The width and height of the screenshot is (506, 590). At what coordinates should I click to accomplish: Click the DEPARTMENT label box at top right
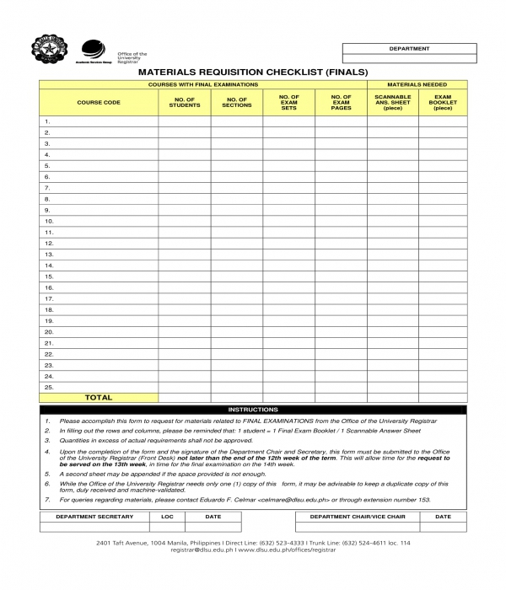click(408, 49)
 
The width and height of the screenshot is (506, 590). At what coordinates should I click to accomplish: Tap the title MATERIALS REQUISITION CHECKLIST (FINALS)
click(253, 72)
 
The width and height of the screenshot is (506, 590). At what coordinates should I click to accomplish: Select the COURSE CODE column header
click(99, 102)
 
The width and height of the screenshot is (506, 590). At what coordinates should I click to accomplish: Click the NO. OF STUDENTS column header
click(185, 102)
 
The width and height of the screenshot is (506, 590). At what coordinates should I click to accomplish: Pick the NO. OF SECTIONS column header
click(237, 102)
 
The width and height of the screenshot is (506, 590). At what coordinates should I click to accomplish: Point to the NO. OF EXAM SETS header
click(289, 102)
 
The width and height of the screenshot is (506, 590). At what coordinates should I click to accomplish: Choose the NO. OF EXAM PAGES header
click(341, 102)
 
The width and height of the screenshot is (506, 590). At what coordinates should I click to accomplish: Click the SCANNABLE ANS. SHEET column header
click(393, 102)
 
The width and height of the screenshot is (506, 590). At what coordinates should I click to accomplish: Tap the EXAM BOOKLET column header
click(443, 102)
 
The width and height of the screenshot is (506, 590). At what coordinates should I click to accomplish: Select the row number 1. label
click(47, 122)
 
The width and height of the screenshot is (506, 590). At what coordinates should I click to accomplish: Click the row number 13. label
click(49, 254)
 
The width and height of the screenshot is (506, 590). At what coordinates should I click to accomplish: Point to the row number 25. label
click(49, 387)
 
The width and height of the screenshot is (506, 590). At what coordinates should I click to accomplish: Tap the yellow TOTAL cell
click(99, 397)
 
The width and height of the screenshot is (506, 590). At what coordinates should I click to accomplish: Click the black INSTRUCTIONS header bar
click(253, 409)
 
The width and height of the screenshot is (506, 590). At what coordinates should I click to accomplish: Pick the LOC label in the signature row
click(167, 517)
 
